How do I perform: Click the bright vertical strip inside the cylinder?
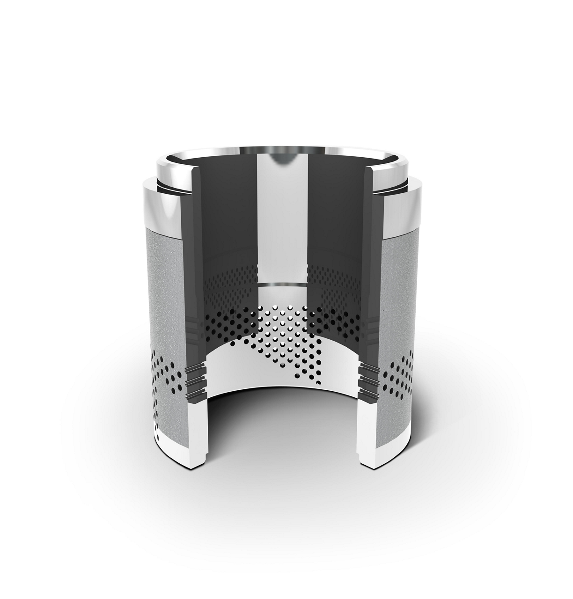pyautogui.click(x=281, y=220)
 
